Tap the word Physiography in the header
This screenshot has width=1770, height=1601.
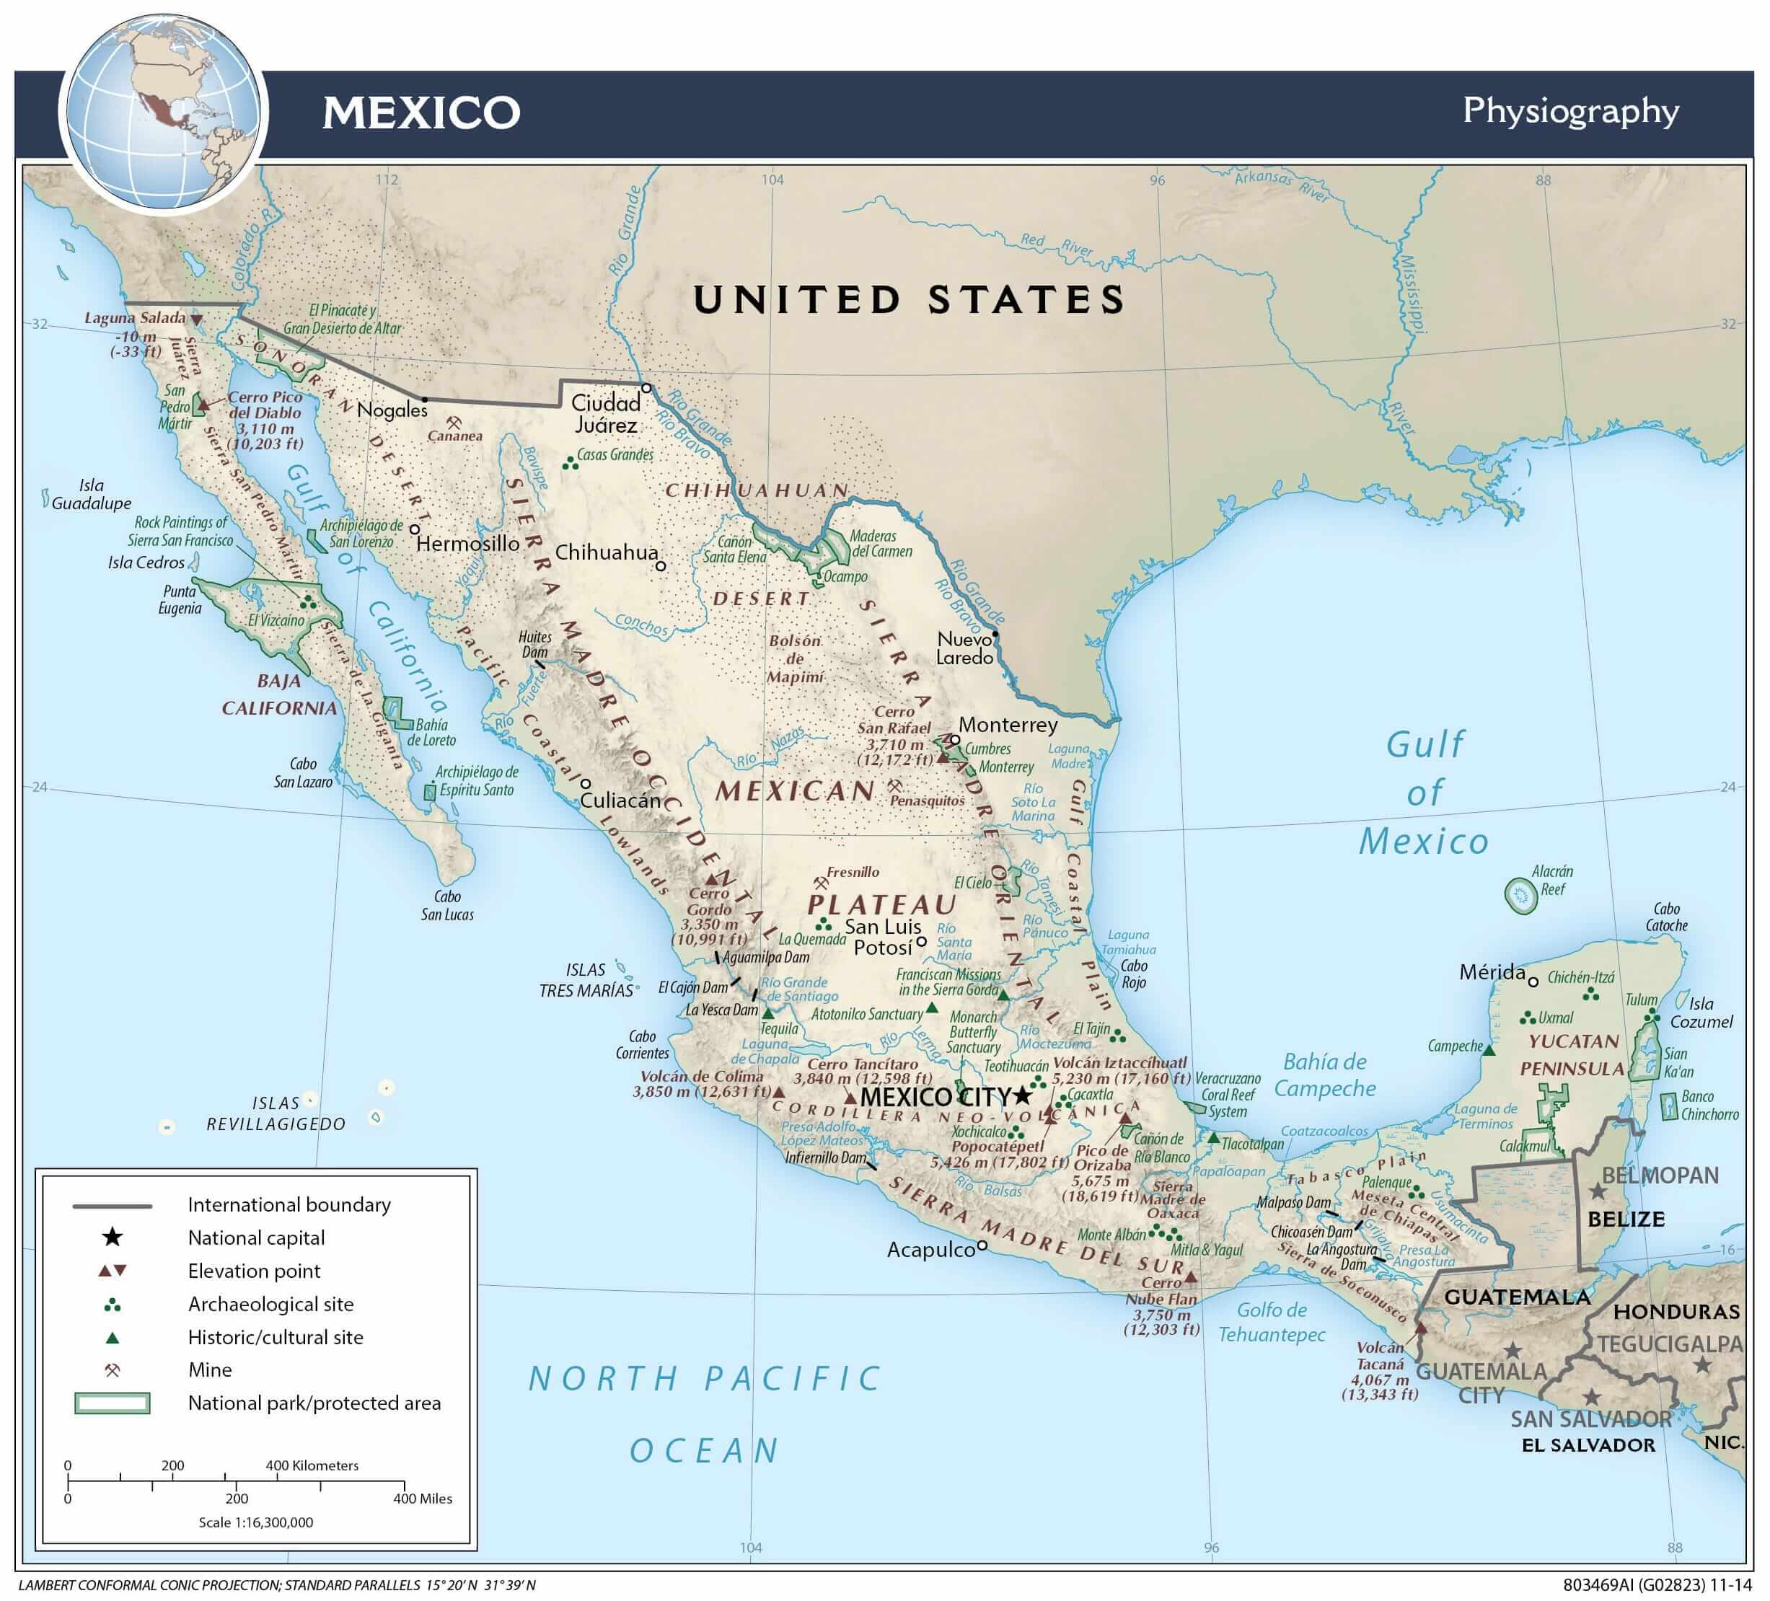1569,112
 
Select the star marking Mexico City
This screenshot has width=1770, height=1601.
1022,1096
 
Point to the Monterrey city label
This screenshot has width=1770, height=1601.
1007,725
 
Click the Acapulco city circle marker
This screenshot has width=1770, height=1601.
982,1245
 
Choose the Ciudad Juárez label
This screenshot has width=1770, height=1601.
606,414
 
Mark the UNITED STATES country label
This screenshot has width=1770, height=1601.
909,300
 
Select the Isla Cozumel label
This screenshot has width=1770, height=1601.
1701,1013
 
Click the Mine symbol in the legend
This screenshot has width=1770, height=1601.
113,1370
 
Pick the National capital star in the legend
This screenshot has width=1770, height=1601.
113,1238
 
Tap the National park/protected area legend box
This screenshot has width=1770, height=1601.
113,1403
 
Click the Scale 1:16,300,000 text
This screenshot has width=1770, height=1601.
255,1522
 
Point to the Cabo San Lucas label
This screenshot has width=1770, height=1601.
447,906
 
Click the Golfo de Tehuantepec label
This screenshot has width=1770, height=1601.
1272,1322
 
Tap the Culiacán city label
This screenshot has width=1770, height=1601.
620,800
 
